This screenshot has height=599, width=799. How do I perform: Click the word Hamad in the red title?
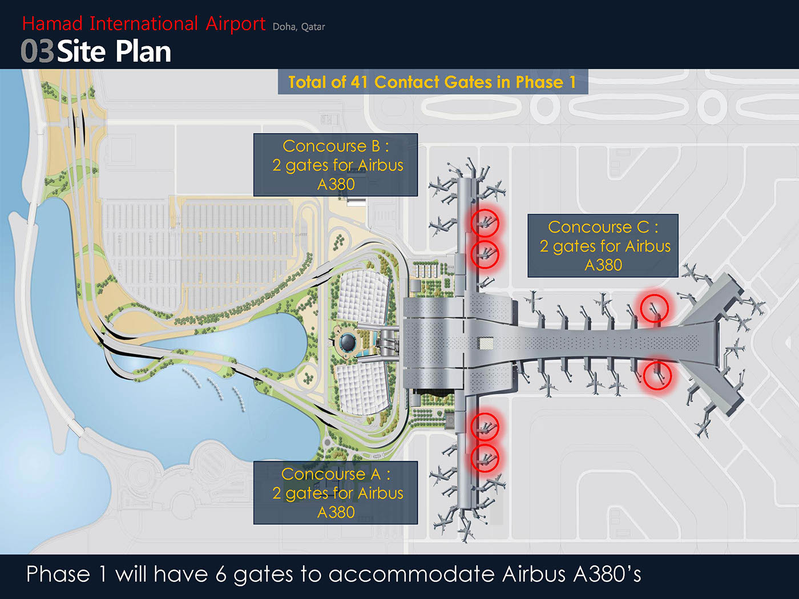53,23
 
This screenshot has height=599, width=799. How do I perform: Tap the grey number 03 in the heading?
37,51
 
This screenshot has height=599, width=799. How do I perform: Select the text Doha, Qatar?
298,27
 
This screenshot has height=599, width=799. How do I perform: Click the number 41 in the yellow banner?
359,82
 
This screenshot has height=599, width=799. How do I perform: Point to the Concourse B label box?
336,165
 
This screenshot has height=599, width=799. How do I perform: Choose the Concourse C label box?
603,246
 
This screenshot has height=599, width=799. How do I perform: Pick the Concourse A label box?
336,493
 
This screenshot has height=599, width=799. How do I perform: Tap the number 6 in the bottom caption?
221,574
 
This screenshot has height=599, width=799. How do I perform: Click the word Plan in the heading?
143,52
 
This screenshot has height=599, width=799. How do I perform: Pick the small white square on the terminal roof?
486,343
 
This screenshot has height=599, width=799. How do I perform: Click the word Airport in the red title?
235,25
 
